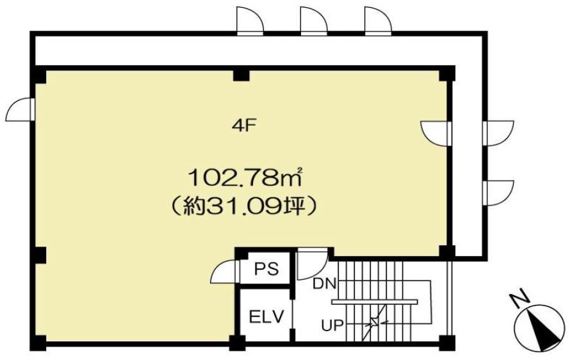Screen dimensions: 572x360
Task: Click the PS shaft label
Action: tap(266, 269)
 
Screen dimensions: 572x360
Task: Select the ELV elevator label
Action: tap(266, 316)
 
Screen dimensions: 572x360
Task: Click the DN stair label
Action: tap(324, 284)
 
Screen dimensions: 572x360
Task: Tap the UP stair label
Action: tap(332, 324)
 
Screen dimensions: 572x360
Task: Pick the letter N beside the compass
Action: tap(520, 297)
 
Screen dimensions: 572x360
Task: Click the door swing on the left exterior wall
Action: tap(20, 110)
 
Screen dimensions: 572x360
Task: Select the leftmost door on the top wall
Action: tap(250, 21)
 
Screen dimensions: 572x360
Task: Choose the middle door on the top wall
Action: tap(314, 21)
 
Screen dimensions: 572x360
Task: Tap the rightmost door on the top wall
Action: tap(378, 21)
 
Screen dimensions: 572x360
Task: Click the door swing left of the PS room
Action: tap(224, 270)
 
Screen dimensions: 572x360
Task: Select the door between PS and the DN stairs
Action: tap(311, 264)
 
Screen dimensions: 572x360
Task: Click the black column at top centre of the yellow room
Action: tap(241, 75)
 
